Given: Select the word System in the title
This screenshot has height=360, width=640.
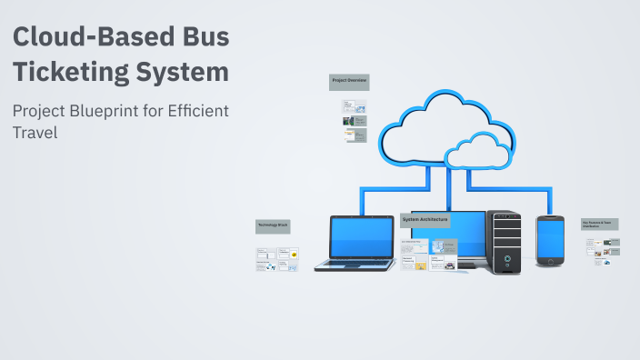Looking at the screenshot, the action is [184, 70].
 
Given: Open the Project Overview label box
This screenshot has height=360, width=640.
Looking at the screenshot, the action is [348, 82].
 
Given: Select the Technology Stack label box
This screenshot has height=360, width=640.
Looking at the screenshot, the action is [273, 225].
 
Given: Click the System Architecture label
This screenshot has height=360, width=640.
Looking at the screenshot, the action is [425, 221].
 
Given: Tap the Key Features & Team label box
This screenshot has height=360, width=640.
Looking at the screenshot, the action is [600, 224].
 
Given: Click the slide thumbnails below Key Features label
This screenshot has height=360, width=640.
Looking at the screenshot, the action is [604, 251].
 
